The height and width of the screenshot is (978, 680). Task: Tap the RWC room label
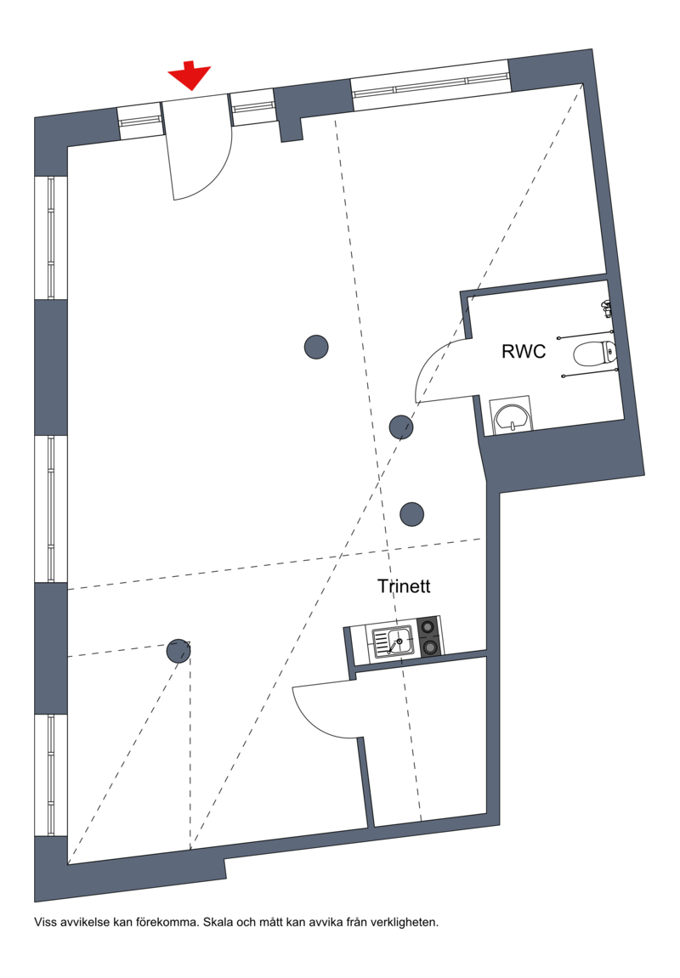coord(524,351)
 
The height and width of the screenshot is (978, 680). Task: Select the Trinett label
coord(404,586)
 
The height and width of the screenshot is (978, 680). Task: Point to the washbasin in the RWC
coord(512,416)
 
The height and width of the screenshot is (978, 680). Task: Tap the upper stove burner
coord(428,625)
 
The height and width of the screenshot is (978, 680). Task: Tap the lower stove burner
coord(429,647)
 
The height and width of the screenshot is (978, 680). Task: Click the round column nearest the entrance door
coord(316,347)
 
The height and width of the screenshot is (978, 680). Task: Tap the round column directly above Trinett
coord(411,515)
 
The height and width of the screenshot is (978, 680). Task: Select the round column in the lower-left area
coord(178,651)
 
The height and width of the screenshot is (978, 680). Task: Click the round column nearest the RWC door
coord(401,427)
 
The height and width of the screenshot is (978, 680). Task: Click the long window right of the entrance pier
coord(430,85)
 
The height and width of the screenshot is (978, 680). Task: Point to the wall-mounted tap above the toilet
coord(606,306)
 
